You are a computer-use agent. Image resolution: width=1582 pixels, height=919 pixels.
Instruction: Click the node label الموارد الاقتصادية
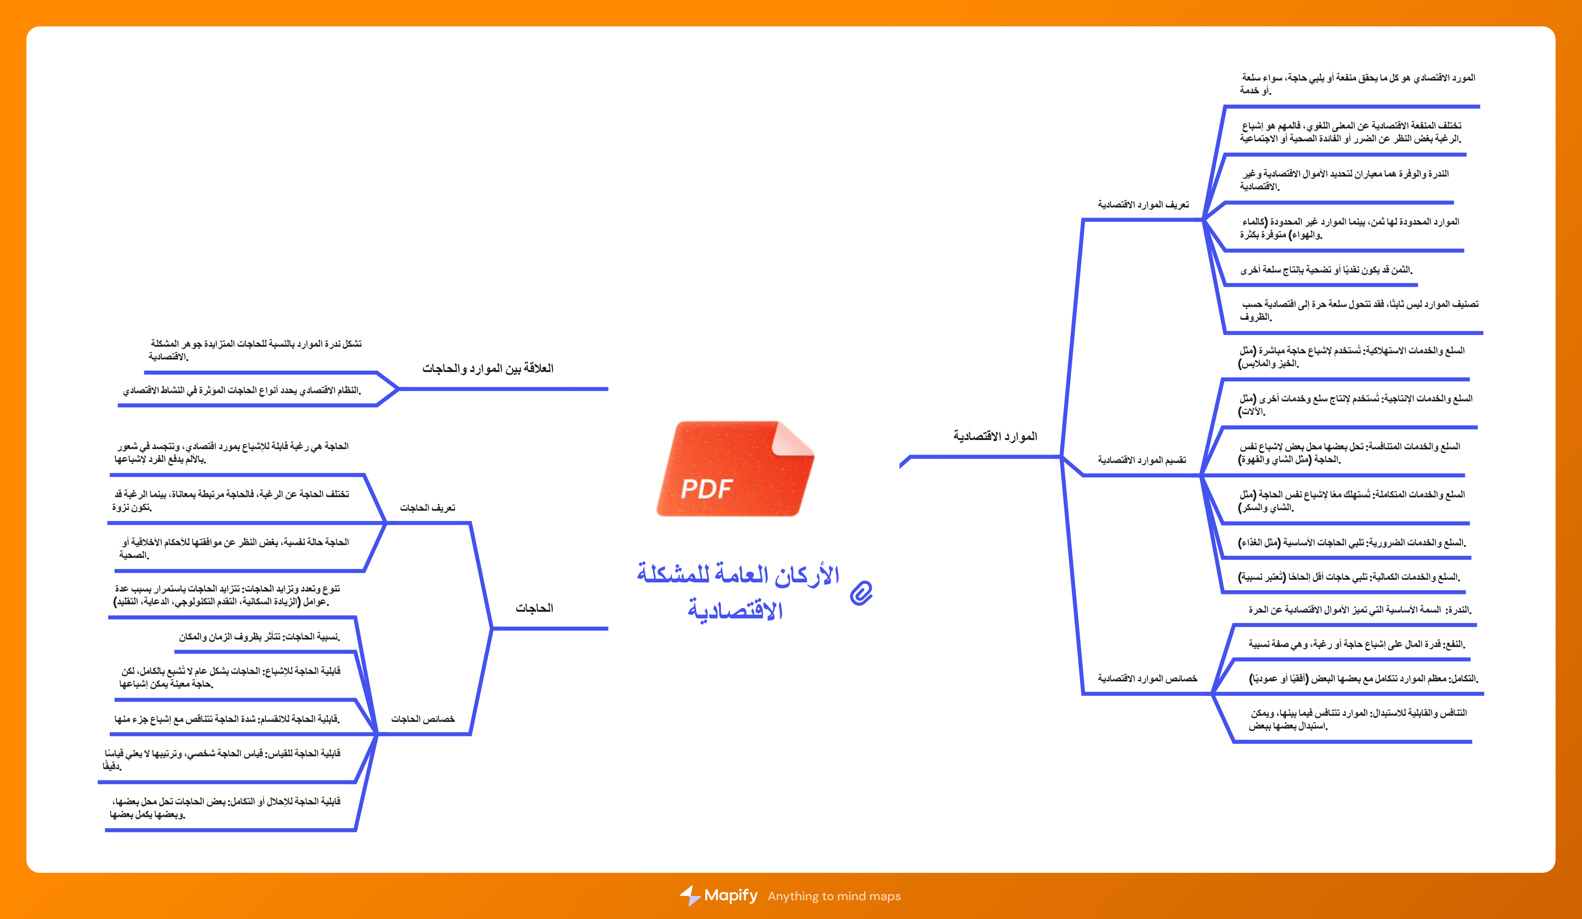click(x=995, y=436)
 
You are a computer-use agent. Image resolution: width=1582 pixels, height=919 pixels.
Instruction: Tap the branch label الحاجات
click(x=534, y=608)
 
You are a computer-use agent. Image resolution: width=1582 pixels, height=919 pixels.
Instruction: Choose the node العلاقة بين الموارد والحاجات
click(x=488, y=368)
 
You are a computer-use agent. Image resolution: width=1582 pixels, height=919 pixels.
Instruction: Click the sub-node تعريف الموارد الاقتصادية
click(x=1143, y=205)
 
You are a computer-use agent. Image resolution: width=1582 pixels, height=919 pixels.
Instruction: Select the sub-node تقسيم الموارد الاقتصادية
click(x=1142, y=460)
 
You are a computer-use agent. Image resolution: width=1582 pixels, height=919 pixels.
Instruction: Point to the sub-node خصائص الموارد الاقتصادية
click(x=1147, y=679)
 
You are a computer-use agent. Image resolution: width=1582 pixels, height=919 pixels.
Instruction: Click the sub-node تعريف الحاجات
click(x=427, y=508)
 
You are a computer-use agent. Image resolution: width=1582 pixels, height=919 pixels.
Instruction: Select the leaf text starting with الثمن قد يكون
click(x=1326, y=270)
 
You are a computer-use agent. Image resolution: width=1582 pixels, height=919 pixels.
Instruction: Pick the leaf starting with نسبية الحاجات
click(x=259, y=637)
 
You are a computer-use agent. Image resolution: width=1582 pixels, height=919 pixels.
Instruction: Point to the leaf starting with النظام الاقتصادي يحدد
click(x=242, y=390)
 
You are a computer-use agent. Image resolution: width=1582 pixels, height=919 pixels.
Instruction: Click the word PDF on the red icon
click(x=707, y=488)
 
